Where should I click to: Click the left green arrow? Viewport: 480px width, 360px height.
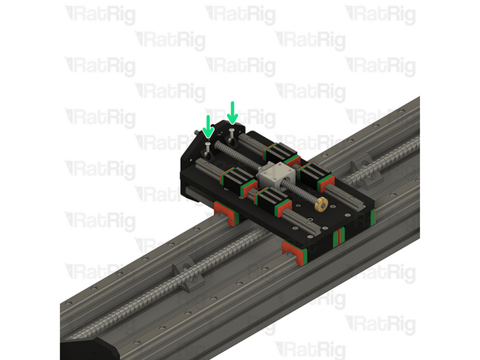tap(208, 126)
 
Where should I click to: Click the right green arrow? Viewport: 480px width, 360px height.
tap(233, 112)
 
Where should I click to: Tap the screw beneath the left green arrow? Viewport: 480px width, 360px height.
tap(208, 146)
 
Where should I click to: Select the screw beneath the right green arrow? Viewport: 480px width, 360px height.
tap(234, 131)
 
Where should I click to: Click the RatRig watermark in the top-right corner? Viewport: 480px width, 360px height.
tap(379, 14)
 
